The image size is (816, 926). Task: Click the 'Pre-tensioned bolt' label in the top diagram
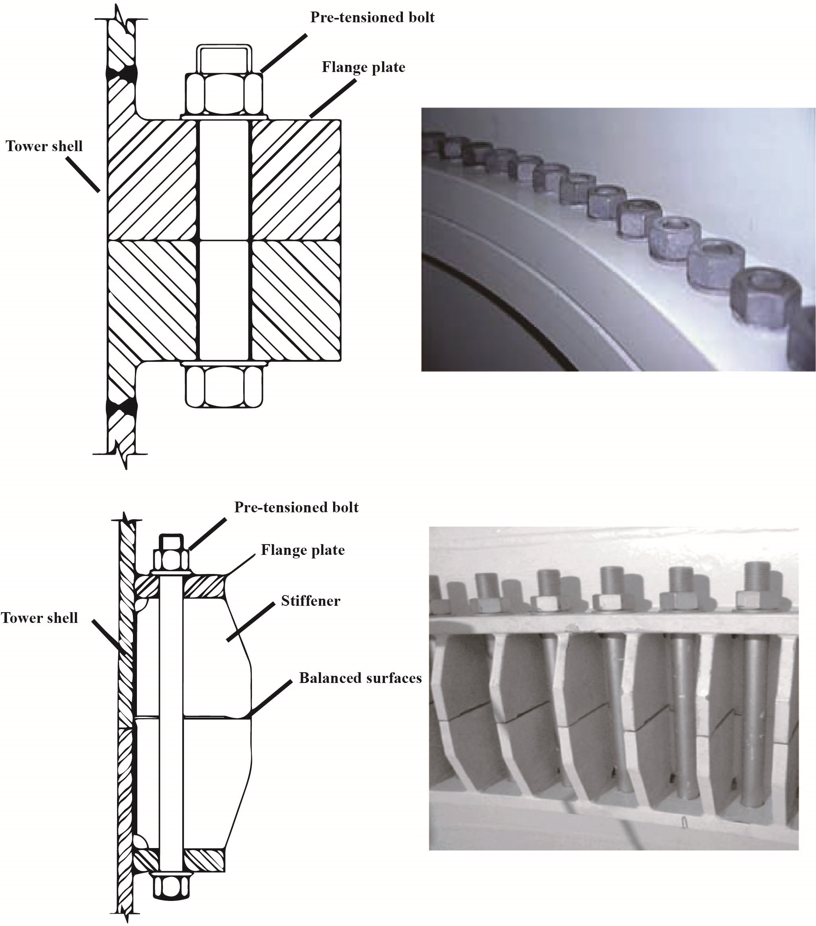372,18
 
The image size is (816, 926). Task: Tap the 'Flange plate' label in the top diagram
363,68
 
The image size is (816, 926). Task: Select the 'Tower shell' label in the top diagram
44,146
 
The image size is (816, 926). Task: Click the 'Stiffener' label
310,601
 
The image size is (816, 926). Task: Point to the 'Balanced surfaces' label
360,678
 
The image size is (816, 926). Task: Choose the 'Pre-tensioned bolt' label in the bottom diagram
296,508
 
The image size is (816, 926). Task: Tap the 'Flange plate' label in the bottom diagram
303,551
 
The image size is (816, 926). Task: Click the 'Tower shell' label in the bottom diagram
39,618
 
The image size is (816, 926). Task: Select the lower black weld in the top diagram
121,407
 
